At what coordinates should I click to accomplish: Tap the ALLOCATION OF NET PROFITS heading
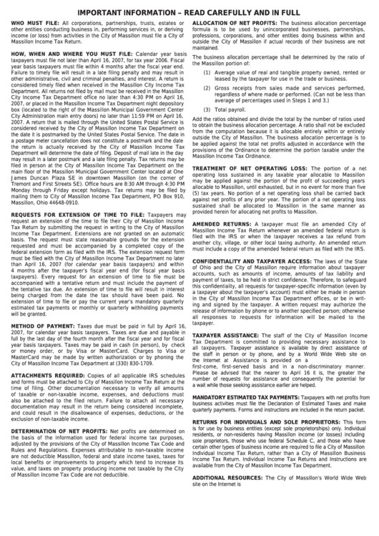pos(235,23)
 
